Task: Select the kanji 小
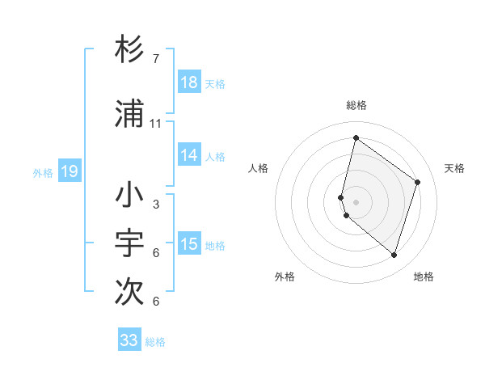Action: coord(129,195)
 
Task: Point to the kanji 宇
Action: coord(129,244)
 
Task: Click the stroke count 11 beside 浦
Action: coord(156,124)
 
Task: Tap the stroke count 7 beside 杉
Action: coord(156,59)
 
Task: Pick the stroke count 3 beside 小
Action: coord(156,205)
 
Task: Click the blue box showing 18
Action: coord(189,82)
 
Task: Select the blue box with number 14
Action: coord(189,155)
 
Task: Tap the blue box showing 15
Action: coord(189,244)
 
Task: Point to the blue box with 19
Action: coord(69,171)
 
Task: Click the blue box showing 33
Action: coord(129,340)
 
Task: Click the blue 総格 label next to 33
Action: coord(155,342)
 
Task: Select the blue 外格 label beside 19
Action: coord(43,172)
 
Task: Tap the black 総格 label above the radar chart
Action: coord(356,105)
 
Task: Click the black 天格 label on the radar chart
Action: coord(454,168)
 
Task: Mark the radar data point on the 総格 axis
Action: coord(356,138)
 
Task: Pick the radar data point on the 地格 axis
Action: coord(394,255)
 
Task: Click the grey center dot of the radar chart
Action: coord(356,201)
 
